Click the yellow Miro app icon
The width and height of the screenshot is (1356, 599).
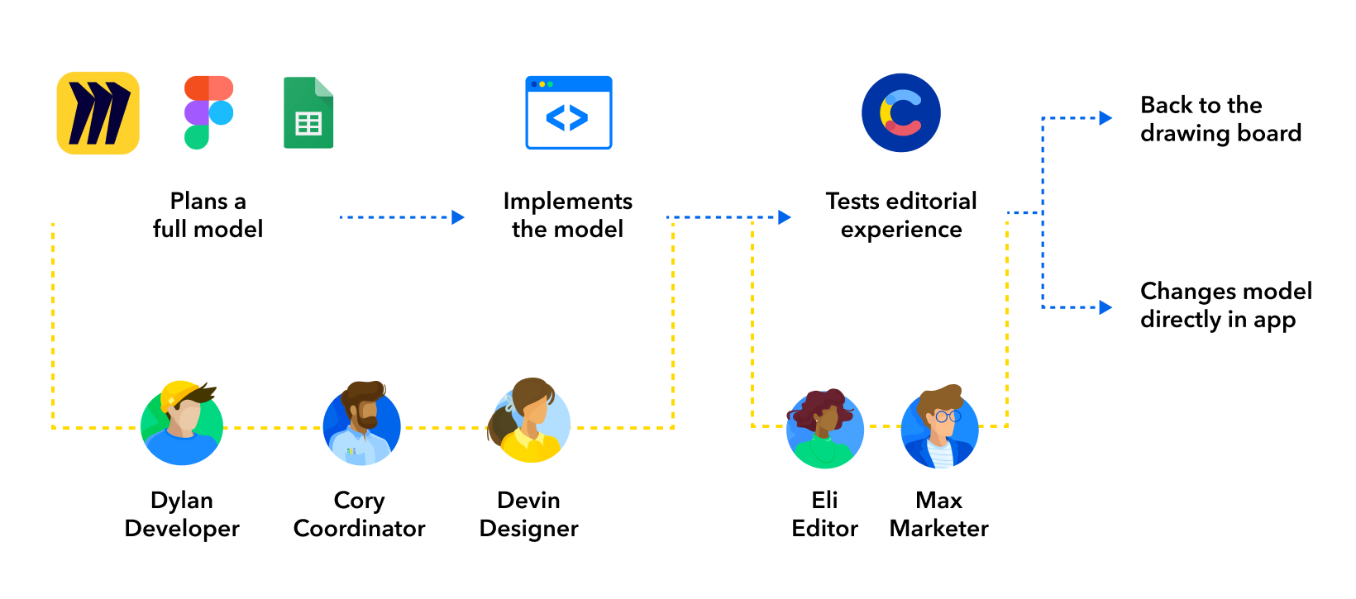[x=98, y=113]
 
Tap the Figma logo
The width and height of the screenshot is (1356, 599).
[x=208, y=112]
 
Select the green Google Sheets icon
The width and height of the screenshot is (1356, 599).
[x=308, y=113]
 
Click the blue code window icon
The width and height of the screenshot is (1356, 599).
[x=569, y=113]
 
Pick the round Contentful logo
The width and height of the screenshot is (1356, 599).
[x=901, y=113]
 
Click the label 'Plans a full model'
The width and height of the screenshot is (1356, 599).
[x=208, y=215]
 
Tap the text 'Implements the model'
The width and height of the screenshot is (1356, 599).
[x=567, y=215]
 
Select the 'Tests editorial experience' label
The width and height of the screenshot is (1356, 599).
[x=901, y=215]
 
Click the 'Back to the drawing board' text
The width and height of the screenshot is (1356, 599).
[x=1220, y=119]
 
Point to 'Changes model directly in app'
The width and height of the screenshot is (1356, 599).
[x=1225, y=305]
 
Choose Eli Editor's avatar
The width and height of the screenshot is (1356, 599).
[x=824, y=428]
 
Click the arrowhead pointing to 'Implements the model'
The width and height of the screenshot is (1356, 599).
[x=458, y=217]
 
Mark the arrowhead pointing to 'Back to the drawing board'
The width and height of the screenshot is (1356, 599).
[x=1105, y=118]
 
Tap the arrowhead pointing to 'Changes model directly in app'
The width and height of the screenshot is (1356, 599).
[x=1105, y=307]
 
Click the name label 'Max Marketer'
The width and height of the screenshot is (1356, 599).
[x=938, y=514]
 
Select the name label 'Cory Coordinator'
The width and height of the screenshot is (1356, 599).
[x=359, y=514]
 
